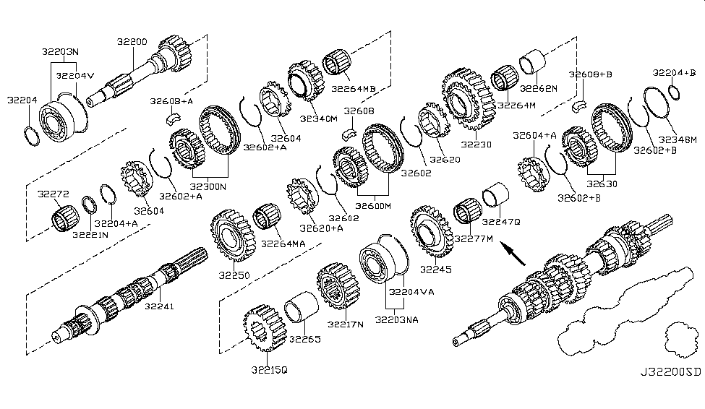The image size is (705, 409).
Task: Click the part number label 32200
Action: (133, 43)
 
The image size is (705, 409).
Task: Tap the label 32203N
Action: (60, 52)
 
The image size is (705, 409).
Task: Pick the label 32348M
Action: (680, 139)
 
